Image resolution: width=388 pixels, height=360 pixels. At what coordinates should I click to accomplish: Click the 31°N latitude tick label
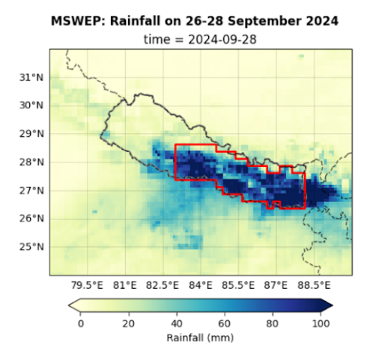pos(30,77)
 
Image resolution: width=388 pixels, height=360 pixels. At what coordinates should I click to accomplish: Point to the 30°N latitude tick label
pos(30,106)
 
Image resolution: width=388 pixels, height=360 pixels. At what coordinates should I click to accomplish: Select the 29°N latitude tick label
pos(30,134)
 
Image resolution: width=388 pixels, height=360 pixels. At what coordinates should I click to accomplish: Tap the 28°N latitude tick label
pos(30,162)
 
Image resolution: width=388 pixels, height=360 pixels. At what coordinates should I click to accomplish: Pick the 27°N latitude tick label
pos(30,191)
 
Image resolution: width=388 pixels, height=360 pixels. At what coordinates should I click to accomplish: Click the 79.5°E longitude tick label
pos(86,285)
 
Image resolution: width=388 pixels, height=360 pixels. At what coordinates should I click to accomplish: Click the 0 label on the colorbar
pos(81,323)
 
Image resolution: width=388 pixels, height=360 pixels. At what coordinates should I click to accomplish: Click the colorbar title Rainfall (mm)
pos(201,338)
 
